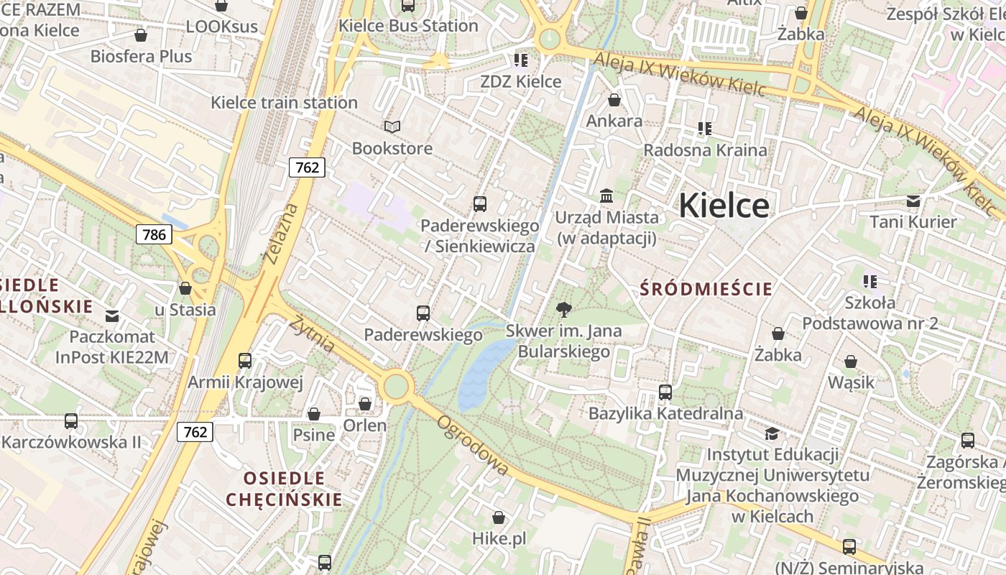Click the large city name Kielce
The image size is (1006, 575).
coord(724,206)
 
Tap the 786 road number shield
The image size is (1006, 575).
coord(154,234)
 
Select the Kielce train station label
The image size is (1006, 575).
coord(284,103)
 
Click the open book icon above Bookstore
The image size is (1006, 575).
coord(392,127)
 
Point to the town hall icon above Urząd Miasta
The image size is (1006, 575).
coord(606,196)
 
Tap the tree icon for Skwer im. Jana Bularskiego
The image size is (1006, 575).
coord(564,310)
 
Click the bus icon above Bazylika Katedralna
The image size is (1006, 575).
coord(665,392)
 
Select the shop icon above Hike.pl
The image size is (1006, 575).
coord(499,517)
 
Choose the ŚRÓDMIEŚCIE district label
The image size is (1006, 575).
coord(706,290)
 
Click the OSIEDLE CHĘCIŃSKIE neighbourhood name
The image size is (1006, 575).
coord(284,489)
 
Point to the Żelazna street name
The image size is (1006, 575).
coord(280,234)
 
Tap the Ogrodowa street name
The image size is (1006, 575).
coord(473,446)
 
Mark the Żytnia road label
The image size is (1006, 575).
coord(312,333)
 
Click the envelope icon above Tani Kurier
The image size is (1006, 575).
coord(913,201)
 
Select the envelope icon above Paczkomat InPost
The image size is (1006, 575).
coord(113,316)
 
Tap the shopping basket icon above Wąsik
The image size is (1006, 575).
coord(851,362)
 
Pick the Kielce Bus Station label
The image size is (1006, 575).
coord(408,26)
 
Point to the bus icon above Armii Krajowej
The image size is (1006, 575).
coord(245,361)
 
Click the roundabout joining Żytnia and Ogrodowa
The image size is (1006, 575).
coord(396,387)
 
